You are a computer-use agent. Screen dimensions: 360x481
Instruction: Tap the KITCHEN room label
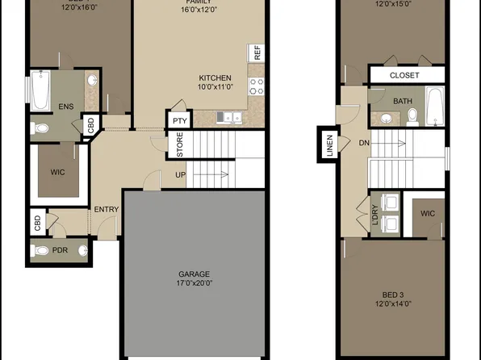pos(216,78)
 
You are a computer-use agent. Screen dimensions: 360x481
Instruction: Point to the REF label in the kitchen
pos(257,53)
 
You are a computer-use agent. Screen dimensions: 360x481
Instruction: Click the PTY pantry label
pos(178,121)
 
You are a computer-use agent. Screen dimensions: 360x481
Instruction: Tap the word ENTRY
pos(107,210)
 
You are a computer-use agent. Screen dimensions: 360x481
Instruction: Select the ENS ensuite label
pos(66,107)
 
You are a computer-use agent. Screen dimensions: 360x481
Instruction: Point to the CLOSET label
pos(405,75)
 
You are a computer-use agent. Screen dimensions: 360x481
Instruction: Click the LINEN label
pos(329,146)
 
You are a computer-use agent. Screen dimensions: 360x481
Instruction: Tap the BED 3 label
pos(392,295)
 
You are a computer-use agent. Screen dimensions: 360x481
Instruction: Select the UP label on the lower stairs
pos(181,174)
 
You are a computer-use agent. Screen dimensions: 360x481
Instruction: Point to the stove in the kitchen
pos(257,82)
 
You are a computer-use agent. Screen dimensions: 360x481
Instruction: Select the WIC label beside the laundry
pos(427,215)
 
